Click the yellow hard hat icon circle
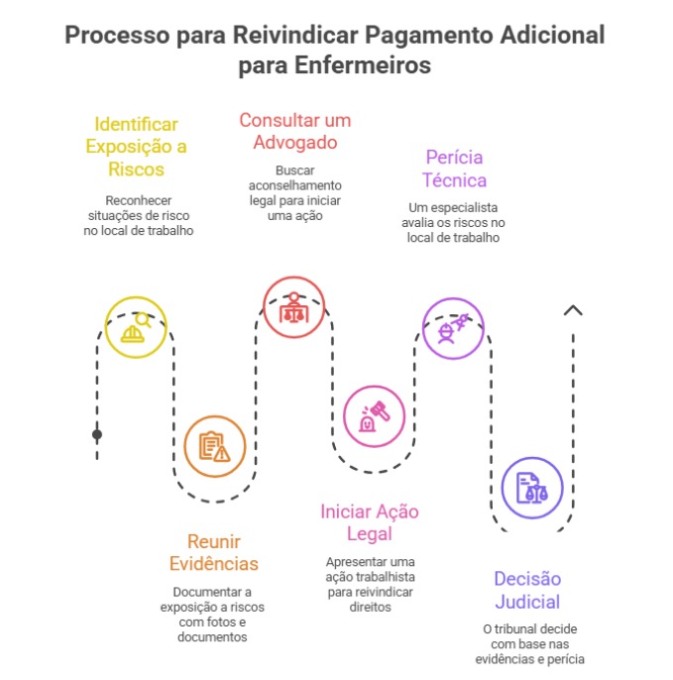click(x=136, y=327)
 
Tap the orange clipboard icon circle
click(x=214, y=446)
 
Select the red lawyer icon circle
click(x=293, y=307)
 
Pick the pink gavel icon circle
click(x=374, y=416)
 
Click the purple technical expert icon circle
click(x=453, y=328)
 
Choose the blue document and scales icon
click(x=532, y=488)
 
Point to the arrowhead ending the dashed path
click(x=572, y=310)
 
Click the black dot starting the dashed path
click(x=97, y=434)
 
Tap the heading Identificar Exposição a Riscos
click(x=136, y=147)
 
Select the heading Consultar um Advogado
click(x=294, y=131)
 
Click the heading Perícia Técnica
click(x=454, y=169)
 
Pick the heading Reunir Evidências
click(x=214, y=553)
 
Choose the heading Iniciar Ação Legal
click(x=370, y=523)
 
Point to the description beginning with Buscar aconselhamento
click(x=294, y=192)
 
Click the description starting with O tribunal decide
click(x=529, y=644)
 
